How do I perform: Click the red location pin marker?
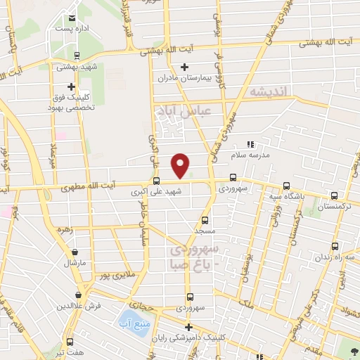pyautogui.click(x=181, y=165)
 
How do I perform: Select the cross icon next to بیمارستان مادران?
pyautogui.click(x=185, y=67)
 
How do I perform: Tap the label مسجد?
pyautogui.click(x=205, y=230)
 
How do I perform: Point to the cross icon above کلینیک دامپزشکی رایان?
pyautogui.click(x=188, y=327)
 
